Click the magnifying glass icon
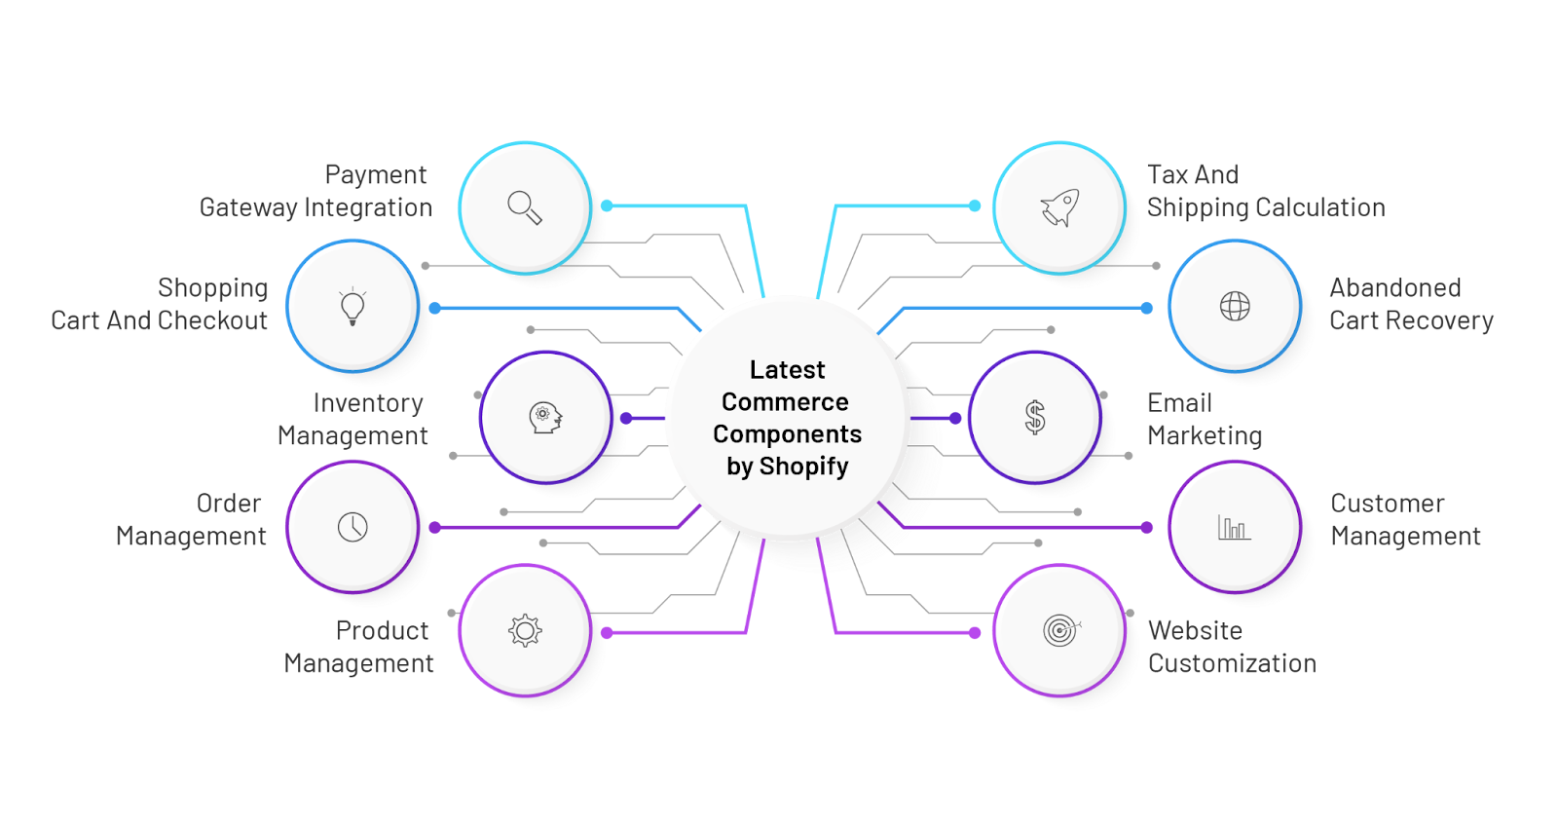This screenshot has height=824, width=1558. pyautogui.click(x=525, y=207)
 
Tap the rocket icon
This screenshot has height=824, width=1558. pyautogui.click(x=1059, y=207)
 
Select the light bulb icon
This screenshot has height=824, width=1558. pyautogui.click(x=352, y=306)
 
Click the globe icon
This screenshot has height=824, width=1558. pyautogui.click(x=1235, y=306)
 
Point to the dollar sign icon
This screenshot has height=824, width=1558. pyautogui.click(x=1035, y=418)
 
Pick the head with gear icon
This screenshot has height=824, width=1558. pyautogui.click(x=545, y=418)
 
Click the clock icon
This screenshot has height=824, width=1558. pyautogui.click(x=352, y=527)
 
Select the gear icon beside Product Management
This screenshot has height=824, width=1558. pyautogui.click(x=525, y=630)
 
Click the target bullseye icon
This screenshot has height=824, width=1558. pyautogui.click(x=1060, y=630)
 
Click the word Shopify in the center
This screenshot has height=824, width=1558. pyautogui.click(x=803, y=467)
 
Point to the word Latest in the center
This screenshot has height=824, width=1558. pyautogui.click(x=788, y=369)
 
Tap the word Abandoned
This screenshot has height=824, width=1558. pyautogui.click(x=1395, y=287)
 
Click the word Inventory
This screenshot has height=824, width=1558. pyautogui.click(x=368, y=403)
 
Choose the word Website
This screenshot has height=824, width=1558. pyautogui.click(x=1195, y=630)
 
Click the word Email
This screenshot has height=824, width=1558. pyautogui.click(x=1179, y=403)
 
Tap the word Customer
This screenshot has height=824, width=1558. pyautogui.click(x=1388, y=504)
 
